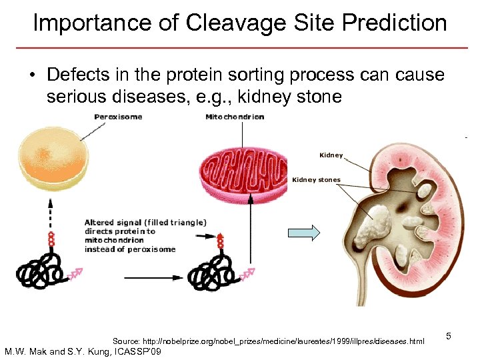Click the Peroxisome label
pos(118,117)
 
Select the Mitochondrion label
pos(235,117)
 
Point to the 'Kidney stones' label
pos(316,180)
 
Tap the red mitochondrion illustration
pos(243,169)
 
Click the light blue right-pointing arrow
pos(303,233)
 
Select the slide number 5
pos(449,337)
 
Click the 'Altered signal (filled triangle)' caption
pos(145,222)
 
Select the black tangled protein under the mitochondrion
pos(211,273)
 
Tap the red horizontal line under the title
pos(240,48)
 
